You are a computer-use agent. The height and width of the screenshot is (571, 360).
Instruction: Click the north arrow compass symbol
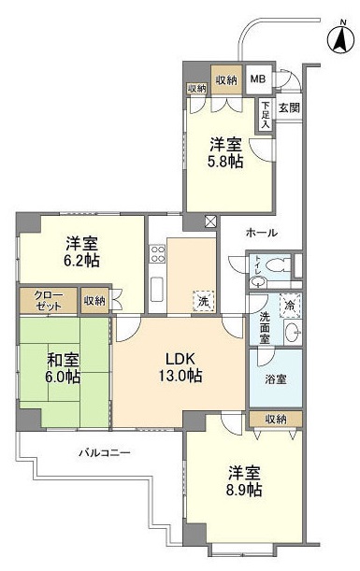coord(341,39)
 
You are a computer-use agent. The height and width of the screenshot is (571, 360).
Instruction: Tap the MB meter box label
coord(258,79)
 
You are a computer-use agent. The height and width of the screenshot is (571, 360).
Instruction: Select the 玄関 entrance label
coord(289,107)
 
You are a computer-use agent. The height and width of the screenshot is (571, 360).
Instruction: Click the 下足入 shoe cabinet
coord(266,115)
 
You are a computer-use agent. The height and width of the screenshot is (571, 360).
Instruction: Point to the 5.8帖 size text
coord(224,162)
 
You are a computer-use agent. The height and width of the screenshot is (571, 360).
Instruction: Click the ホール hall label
coord(262,233)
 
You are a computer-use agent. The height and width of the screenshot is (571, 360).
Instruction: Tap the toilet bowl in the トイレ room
coord(278,264)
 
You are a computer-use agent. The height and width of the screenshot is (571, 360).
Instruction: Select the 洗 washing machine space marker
coord(204,301)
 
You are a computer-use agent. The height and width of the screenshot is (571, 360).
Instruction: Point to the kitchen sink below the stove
coord(157,290)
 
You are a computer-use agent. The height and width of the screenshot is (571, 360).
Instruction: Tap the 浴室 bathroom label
coord(276,379)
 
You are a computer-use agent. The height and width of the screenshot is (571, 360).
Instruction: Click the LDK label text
coord(180,360)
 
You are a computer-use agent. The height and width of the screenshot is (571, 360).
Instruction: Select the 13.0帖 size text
coord(180,375)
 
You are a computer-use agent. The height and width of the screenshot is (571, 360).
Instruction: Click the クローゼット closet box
coord(48,301)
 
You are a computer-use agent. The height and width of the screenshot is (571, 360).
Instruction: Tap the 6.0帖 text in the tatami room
coord(63,377)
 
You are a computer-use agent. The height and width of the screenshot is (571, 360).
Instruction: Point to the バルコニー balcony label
coord(105,453)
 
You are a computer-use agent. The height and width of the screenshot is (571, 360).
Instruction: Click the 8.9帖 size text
coord(244,490)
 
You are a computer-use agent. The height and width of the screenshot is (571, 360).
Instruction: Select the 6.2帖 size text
coord(82,261)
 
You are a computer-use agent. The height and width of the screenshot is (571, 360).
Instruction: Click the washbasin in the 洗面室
coord(293,332)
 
